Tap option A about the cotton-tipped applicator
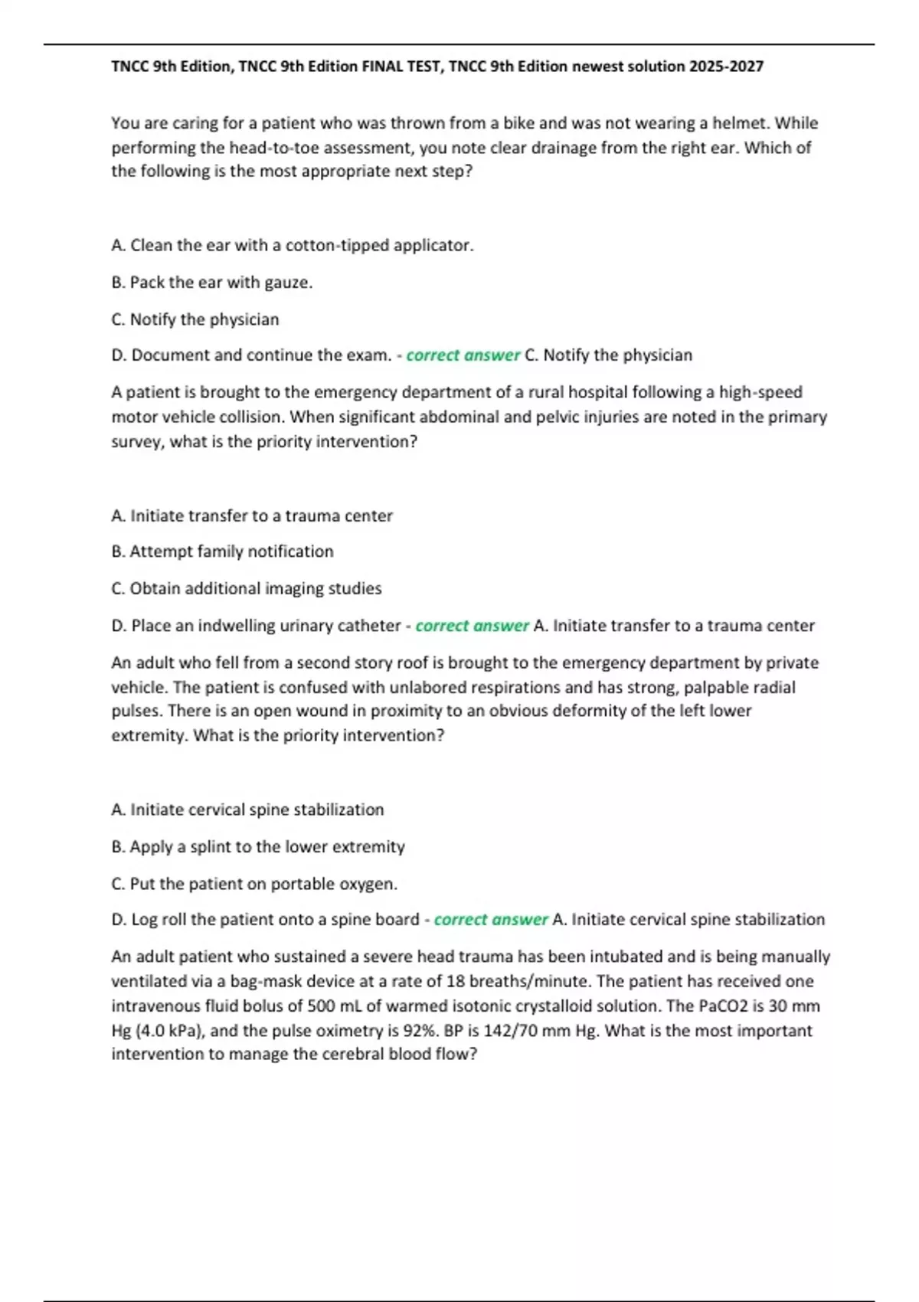(293, 245)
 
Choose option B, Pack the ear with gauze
(212, 283)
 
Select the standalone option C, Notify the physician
(195, 319)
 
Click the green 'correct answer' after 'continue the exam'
(463, 355)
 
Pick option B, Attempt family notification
(222, 551)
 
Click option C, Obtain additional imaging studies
(246, 589)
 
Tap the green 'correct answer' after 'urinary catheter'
(472, 626)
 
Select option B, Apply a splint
(258, 847)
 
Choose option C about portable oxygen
(254, 884)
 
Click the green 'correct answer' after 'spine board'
(491, 920)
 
